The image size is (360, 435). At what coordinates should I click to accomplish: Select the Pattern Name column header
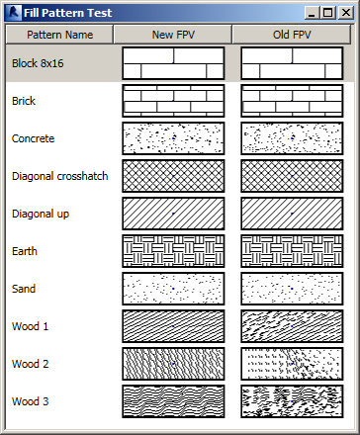tap(60, 35)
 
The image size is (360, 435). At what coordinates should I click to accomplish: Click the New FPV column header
tap(173, 35)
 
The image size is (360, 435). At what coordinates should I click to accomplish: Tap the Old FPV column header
tap(292, 35)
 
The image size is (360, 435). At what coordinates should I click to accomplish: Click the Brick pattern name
tap(23, 101)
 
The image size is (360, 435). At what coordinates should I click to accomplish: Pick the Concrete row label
tap(33, 138)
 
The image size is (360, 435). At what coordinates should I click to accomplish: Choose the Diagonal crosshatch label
tap(59, 176)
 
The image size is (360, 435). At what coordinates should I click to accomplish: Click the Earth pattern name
tap(25, 251)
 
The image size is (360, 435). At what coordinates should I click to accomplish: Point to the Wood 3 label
tap(30, 401)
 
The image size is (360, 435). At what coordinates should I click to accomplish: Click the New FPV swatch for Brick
tap(173, 101)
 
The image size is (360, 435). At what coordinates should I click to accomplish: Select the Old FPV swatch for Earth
tap(292, 251)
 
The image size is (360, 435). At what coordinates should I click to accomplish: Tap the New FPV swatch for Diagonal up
tap(173, 214)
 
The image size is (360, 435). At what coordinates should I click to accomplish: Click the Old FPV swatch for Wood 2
tap(292, 364)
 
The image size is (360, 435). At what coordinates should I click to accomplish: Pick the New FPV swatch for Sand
tap(173, 289)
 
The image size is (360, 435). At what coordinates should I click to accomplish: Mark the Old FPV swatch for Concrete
tap(292, 138)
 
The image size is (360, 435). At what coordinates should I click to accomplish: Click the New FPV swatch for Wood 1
tap(173, 326)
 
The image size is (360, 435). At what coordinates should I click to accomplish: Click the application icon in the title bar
tap(13, 13)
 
